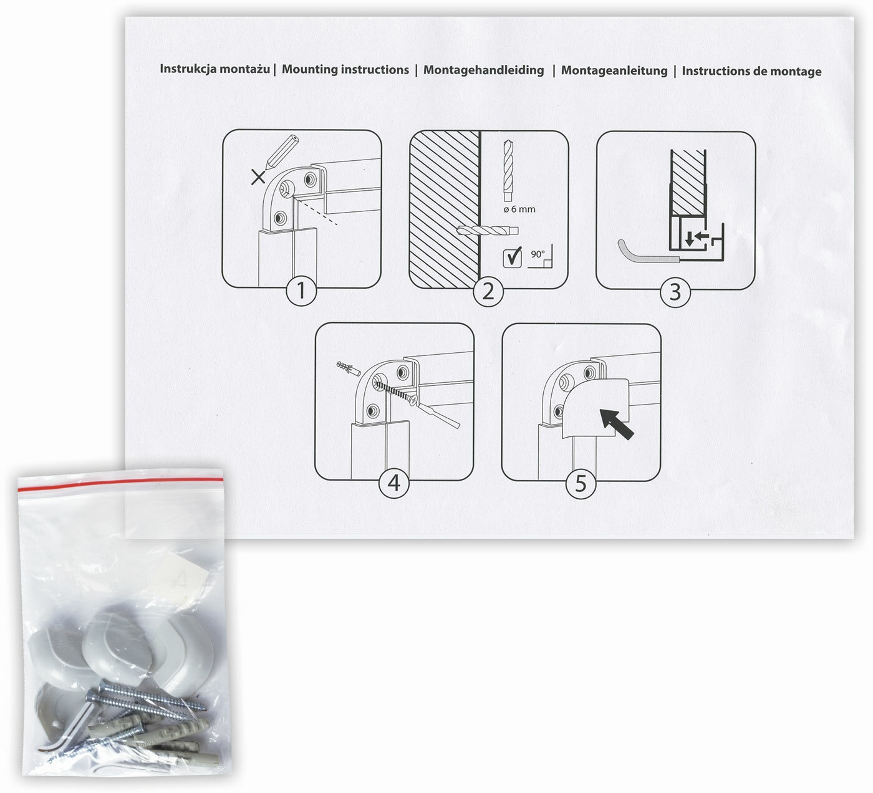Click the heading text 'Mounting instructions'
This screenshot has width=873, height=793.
tap(345, 70)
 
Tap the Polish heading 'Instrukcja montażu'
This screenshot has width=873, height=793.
tap(215, 69)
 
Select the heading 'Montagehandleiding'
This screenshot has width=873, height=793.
tap(483, 70)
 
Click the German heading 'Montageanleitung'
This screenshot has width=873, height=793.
tap(614, 70)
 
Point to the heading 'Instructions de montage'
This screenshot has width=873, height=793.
tap(751, 71)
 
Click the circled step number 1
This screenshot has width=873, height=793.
tap(301, 291)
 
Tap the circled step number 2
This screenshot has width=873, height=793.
tap(488, 292)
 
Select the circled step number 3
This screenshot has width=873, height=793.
tap(675, 292)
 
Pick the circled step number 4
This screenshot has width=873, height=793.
tap(394, 483)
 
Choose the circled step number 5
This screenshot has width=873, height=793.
tap(581, 484)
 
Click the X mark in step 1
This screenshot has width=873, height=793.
tap(259, 178)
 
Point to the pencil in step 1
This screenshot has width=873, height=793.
tap(282, 151)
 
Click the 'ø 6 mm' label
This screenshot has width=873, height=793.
tap(519, 209)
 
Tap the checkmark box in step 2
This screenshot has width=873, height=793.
tap(512, 257)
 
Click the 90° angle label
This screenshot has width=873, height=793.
tap(538, 254)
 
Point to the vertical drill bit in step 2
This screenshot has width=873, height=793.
tap(508, 171)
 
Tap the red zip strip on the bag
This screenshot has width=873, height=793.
tap(120, 483)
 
